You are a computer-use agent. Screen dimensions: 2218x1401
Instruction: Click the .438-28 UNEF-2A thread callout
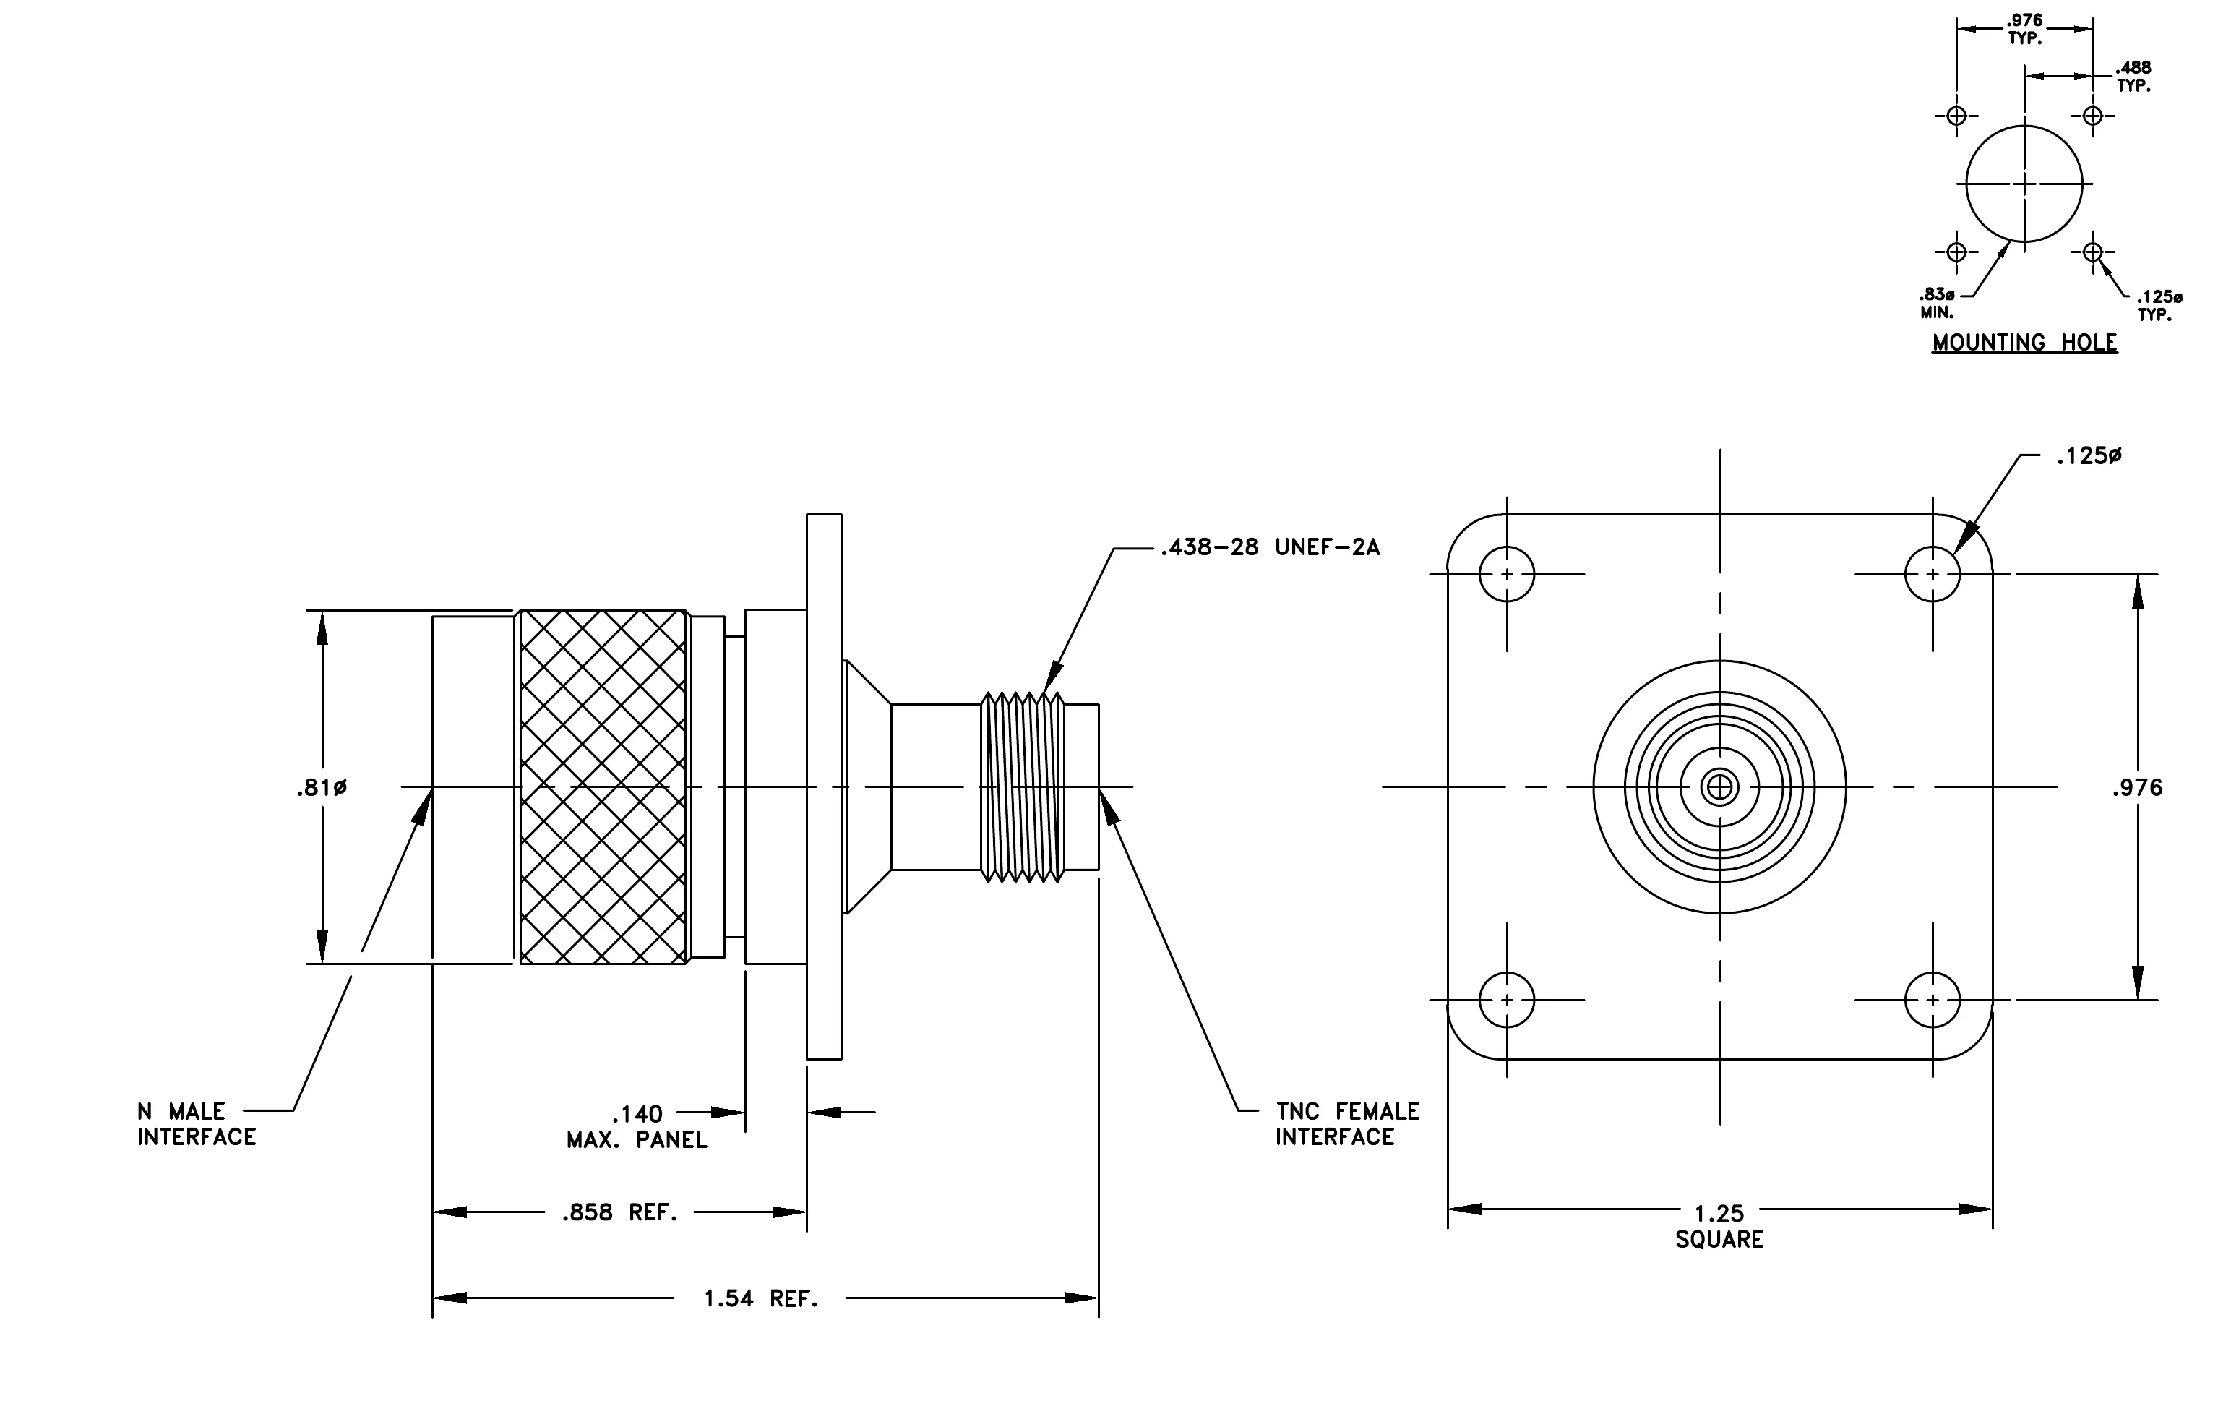tap(1271, 547)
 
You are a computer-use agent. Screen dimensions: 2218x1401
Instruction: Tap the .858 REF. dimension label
tap(620, 1212)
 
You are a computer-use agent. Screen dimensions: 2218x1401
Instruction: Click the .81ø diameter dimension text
tap(322, 787)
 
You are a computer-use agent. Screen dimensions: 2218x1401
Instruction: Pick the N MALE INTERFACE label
tap(196, 1123)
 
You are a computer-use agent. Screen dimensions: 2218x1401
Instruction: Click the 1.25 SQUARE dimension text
tap(1719, 1226)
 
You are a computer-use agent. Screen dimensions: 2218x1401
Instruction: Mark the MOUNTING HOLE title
tap(2024, 342)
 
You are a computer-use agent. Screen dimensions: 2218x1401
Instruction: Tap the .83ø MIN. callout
tap(1936, 303)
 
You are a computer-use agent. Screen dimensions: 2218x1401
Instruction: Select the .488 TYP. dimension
tap(2133, 77)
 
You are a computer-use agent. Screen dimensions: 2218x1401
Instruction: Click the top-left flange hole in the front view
tap(1507, 574)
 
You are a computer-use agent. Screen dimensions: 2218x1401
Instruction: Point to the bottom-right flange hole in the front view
tap(1933, 999)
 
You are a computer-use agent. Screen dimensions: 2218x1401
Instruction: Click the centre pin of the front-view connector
tap(1719, 787)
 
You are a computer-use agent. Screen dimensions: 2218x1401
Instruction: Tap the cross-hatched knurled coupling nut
tap(603, 787)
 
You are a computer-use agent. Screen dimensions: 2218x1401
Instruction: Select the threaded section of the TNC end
tap(1023, 787)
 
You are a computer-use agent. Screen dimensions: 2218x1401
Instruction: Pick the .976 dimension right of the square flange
tap(2137, 787)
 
